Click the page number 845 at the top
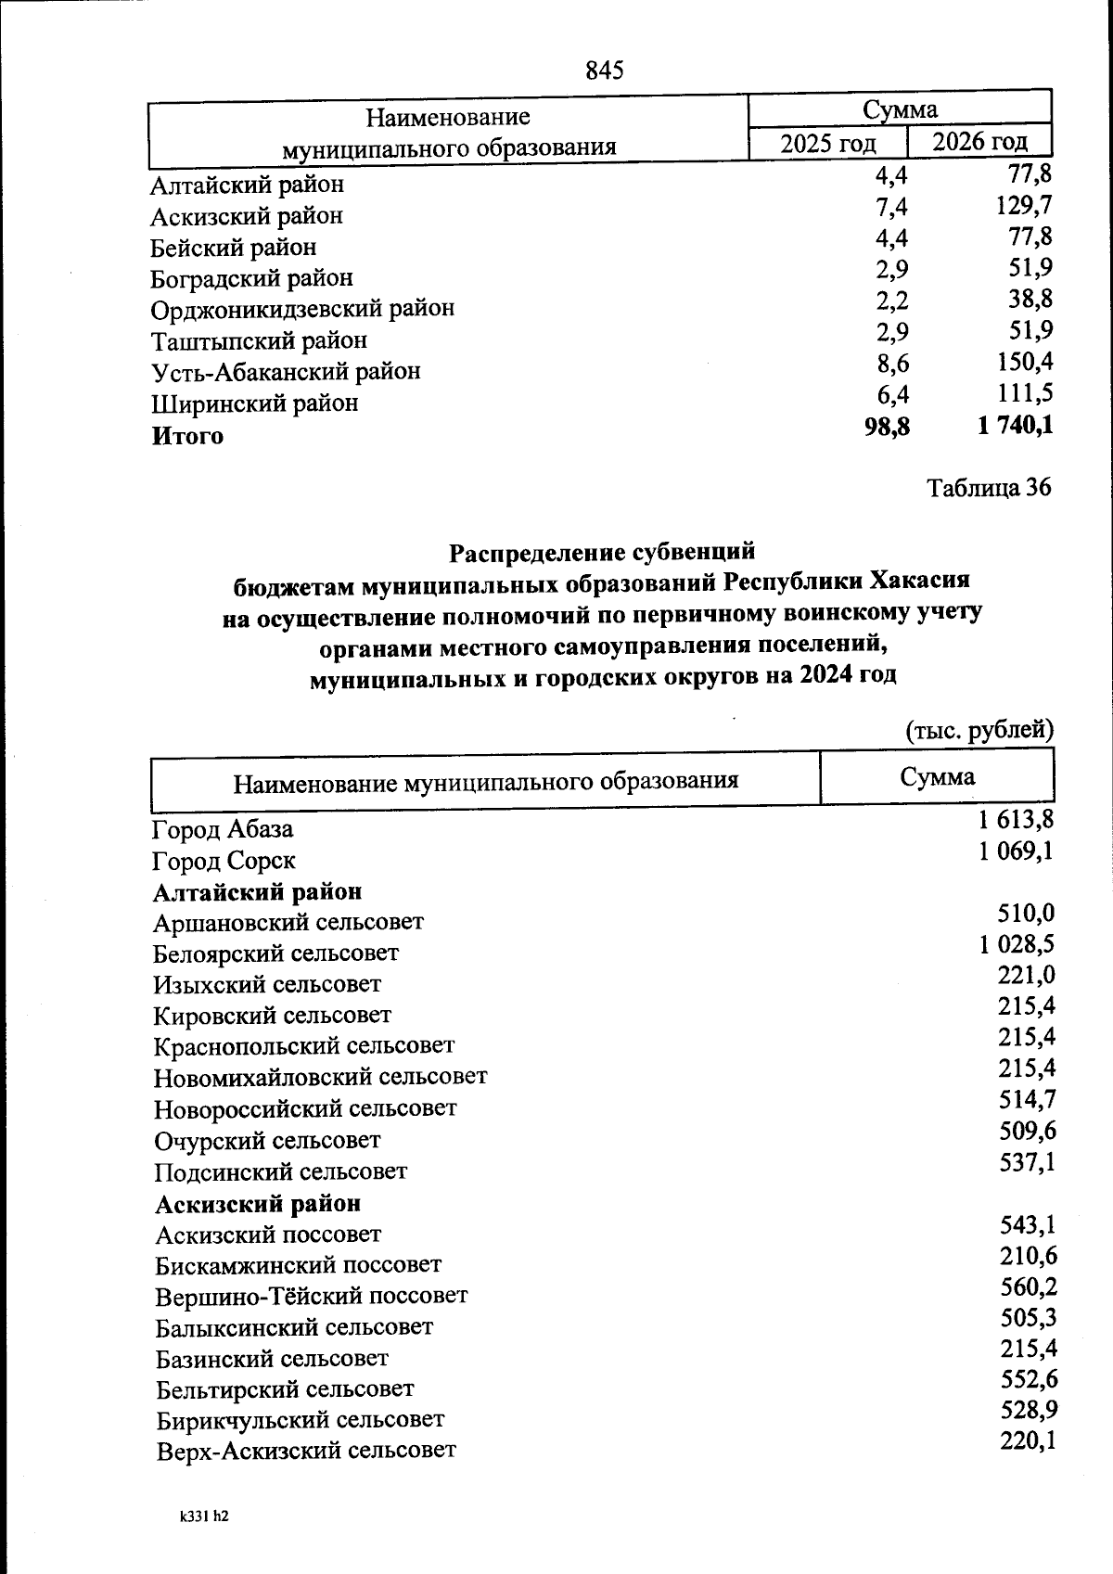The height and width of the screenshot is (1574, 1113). (x=605, y=70)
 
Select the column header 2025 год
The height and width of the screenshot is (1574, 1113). (x=827, y=144)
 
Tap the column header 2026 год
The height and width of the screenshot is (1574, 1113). (x=979, y=142)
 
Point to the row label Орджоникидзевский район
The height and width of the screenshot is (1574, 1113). (x=303, y=308)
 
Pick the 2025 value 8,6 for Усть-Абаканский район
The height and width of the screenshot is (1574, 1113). (x=892, y=363)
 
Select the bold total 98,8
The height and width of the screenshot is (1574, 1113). (x=887, y=426)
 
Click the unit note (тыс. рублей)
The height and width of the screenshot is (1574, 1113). (x=979, y=730)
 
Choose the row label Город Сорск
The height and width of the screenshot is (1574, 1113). (x=224, y=861)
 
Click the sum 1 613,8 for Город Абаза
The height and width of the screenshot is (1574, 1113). (x=1015, y=820)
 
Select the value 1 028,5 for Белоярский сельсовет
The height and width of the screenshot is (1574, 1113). (x=1017, y=944)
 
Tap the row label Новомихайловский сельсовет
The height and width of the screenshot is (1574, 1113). (x=321, y=1078)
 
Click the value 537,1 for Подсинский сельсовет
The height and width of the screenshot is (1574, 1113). (x=1027, y=1161)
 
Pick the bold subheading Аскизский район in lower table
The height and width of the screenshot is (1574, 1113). (x=258, y=1204)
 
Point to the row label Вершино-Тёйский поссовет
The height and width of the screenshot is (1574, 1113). (x=312, y=1296)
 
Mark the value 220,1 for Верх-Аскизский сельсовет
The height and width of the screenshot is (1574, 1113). (x=1029, y=1440)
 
